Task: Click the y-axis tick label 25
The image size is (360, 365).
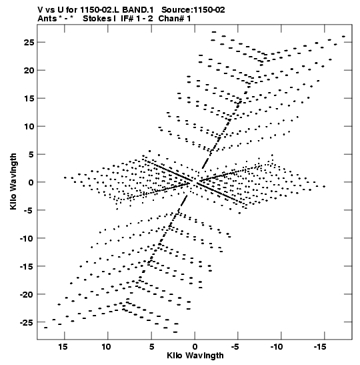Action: click(x=29, y=43)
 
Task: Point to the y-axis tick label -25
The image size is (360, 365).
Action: click(x=27, y=323)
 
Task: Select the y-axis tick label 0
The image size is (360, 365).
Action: click(x=31, y=183)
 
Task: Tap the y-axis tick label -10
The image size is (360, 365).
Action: click(x=27, y=239)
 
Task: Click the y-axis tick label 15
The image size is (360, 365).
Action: click(x=29, y=99)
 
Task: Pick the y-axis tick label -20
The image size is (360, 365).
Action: click(x=27, y=294)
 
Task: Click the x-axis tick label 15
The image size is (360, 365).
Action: click(x=63, y=347)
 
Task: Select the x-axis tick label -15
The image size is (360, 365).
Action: click(x=320, y=347)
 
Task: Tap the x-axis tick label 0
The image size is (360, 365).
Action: click(x=195, y=347)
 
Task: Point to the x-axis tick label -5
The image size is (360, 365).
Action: click(x=235, y=347)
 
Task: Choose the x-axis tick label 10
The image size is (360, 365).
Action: click(x=106, y=347)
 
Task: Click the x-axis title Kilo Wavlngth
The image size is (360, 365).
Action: click(x=195, y=356)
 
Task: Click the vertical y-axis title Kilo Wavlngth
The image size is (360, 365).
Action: click(x=13, y=181)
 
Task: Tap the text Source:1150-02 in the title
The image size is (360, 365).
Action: click(x=193, y=10)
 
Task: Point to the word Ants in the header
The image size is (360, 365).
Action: click(x=47, y=19)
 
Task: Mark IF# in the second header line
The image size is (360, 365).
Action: click(x=127, y=19)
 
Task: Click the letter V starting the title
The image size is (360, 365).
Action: click(x=41, y=10)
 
